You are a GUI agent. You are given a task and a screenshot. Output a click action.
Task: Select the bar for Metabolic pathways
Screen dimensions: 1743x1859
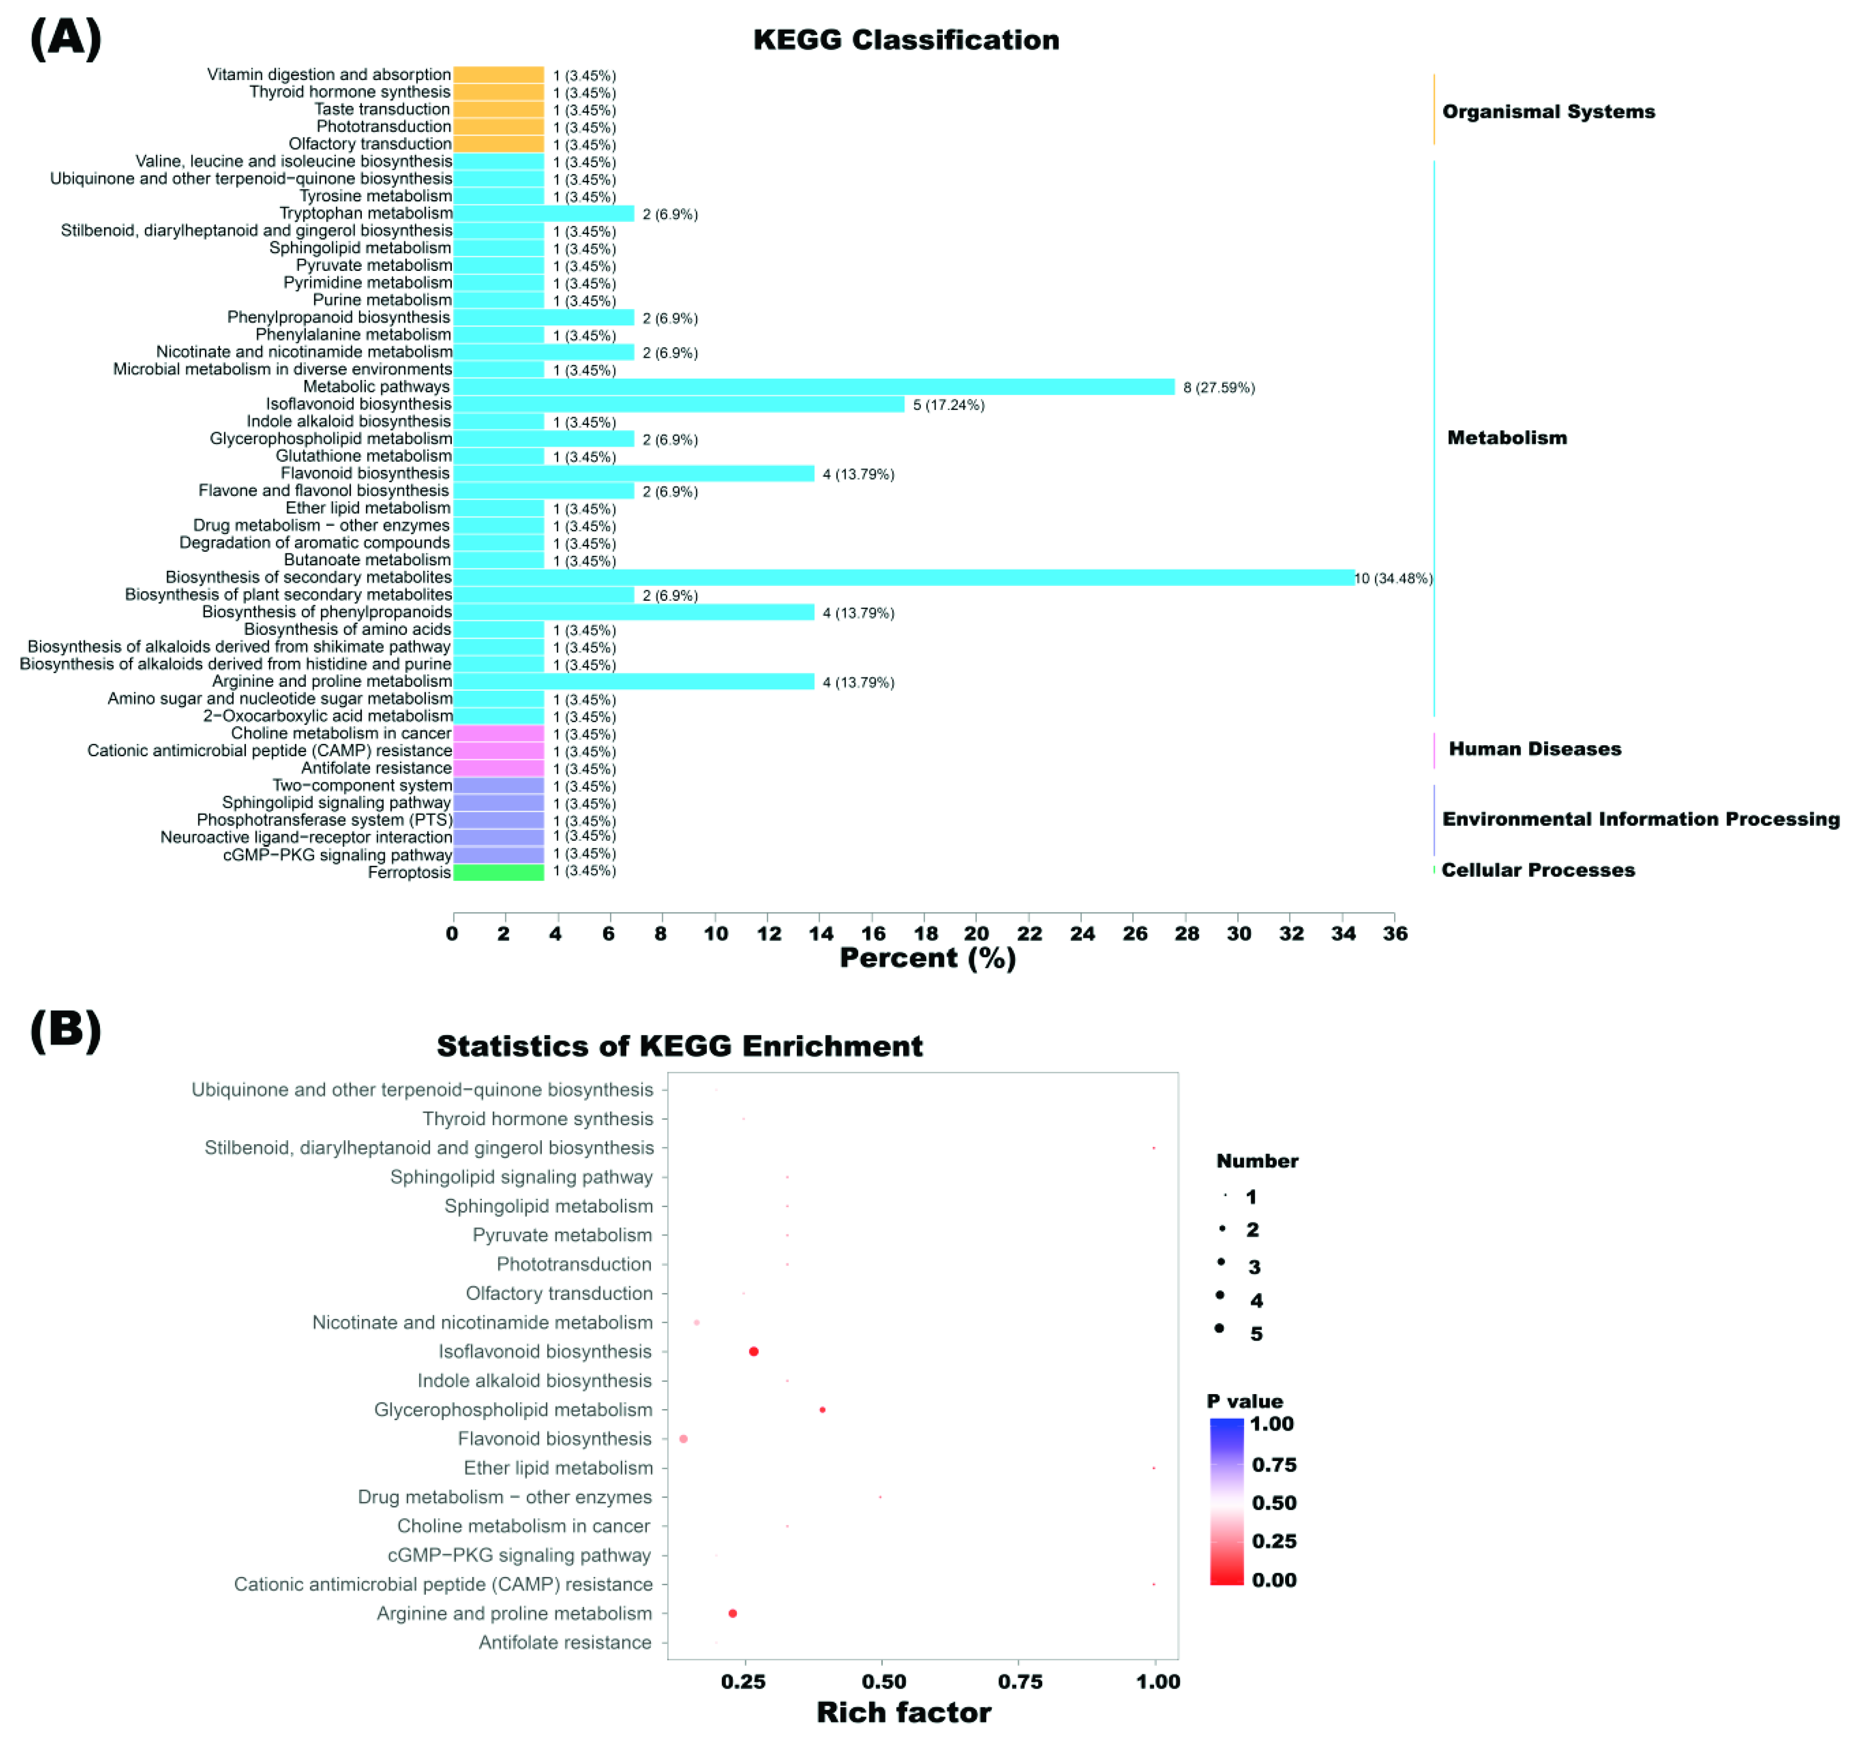click(814, 387)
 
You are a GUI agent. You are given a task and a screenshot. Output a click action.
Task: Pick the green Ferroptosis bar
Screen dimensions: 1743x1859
click(498, 872)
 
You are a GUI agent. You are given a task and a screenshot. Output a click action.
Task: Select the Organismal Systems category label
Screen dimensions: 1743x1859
click(1548, 112)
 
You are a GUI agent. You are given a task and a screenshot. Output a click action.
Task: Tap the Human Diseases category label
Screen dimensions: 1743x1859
click(1535, 749)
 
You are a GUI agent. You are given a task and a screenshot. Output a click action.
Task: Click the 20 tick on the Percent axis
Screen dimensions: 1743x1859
click(976, 933)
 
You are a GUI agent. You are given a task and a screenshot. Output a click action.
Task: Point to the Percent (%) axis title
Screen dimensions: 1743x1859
click(927, 958)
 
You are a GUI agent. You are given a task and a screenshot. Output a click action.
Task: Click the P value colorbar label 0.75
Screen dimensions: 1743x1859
click(1274, 1465)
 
